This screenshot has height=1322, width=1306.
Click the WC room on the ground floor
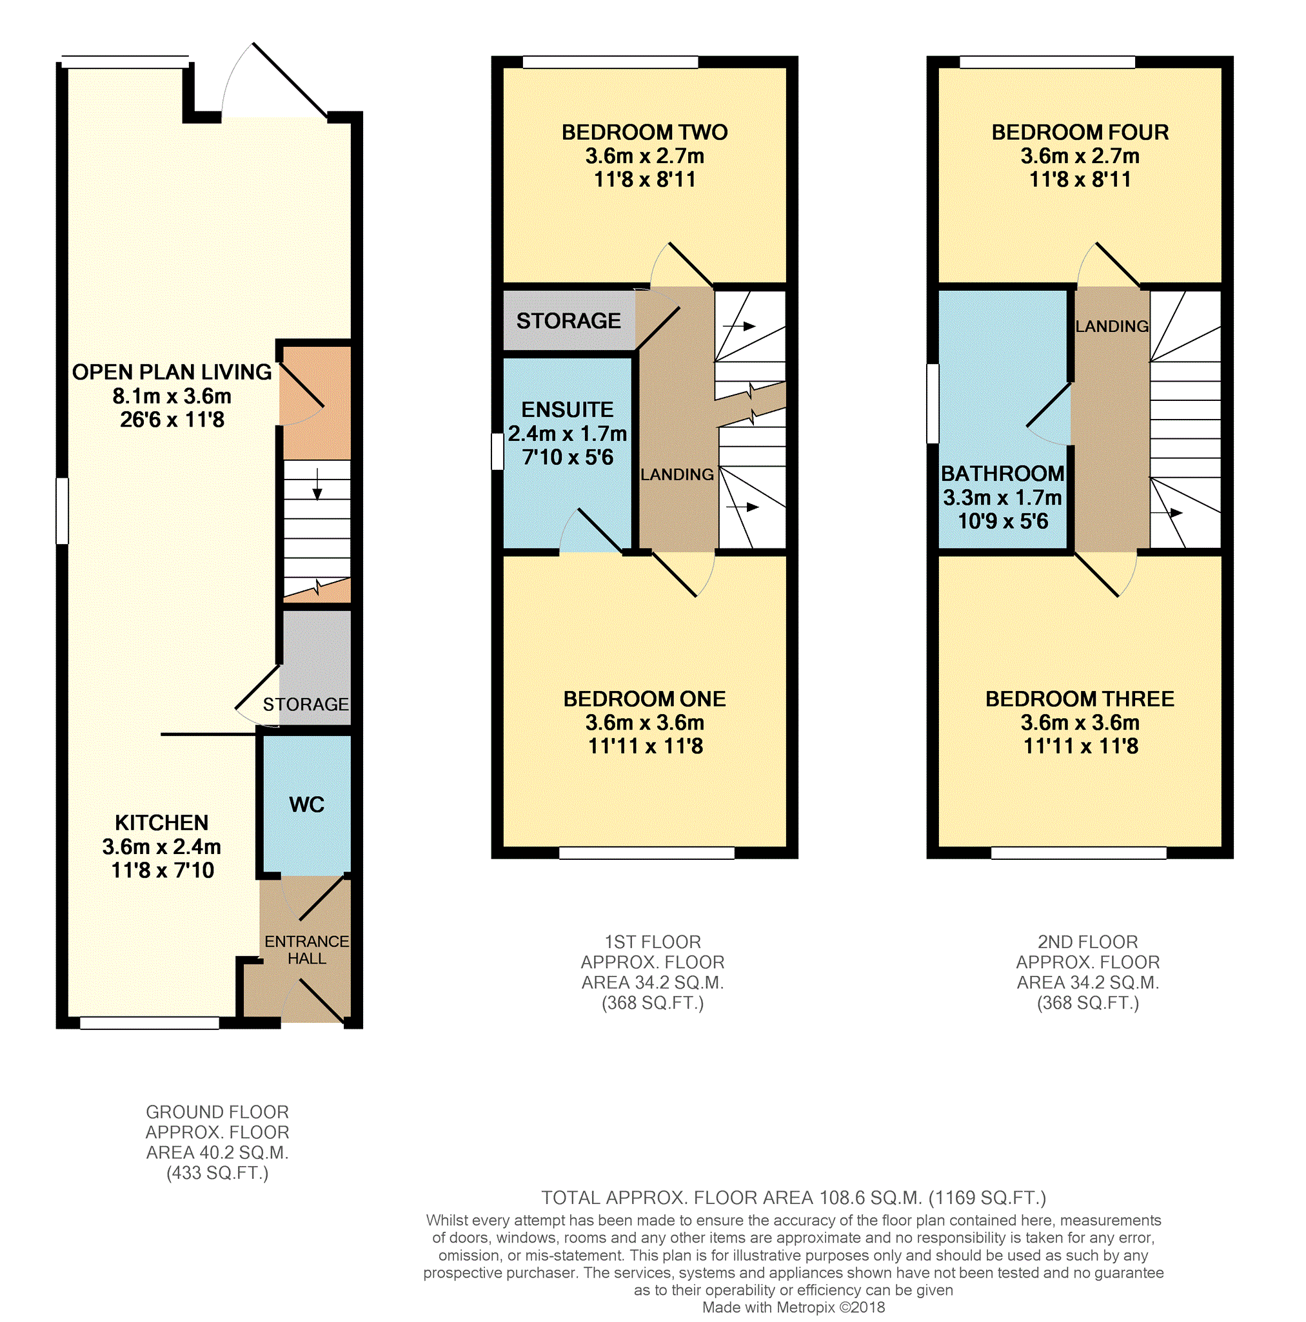[306, 804]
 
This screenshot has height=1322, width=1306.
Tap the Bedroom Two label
[645, 132]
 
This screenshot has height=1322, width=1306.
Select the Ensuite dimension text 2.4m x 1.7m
[568, 433]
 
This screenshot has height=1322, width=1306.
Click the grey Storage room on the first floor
[569, 320]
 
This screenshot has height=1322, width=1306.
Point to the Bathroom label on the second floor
[1003, 474]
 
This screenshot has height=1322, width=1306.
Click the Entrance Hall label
[306, 949]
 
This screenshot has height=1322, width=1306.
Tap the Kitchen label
[161, 822]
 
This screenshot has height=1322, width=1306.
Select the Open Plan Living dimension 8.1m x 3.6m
[172, 396]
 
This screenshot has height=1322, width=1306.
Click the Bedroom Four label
[1080, 132]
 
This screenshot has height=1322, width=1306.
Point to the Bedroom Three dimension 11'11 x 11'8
[1081, 746]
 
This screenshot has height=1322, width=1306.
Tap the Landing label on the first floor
[677, 474]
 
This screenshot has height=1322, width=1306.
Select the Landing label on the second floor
[1112, 326]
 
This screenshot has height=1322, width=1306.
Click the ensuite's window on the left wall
[498, 452]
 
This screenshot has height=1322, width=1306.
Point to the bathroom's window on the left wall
[933, 403]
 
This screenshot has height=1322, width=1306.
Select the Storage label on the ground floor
[306, 704]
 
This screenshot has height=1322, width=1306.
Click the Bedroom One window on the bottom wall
[647, 853]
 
